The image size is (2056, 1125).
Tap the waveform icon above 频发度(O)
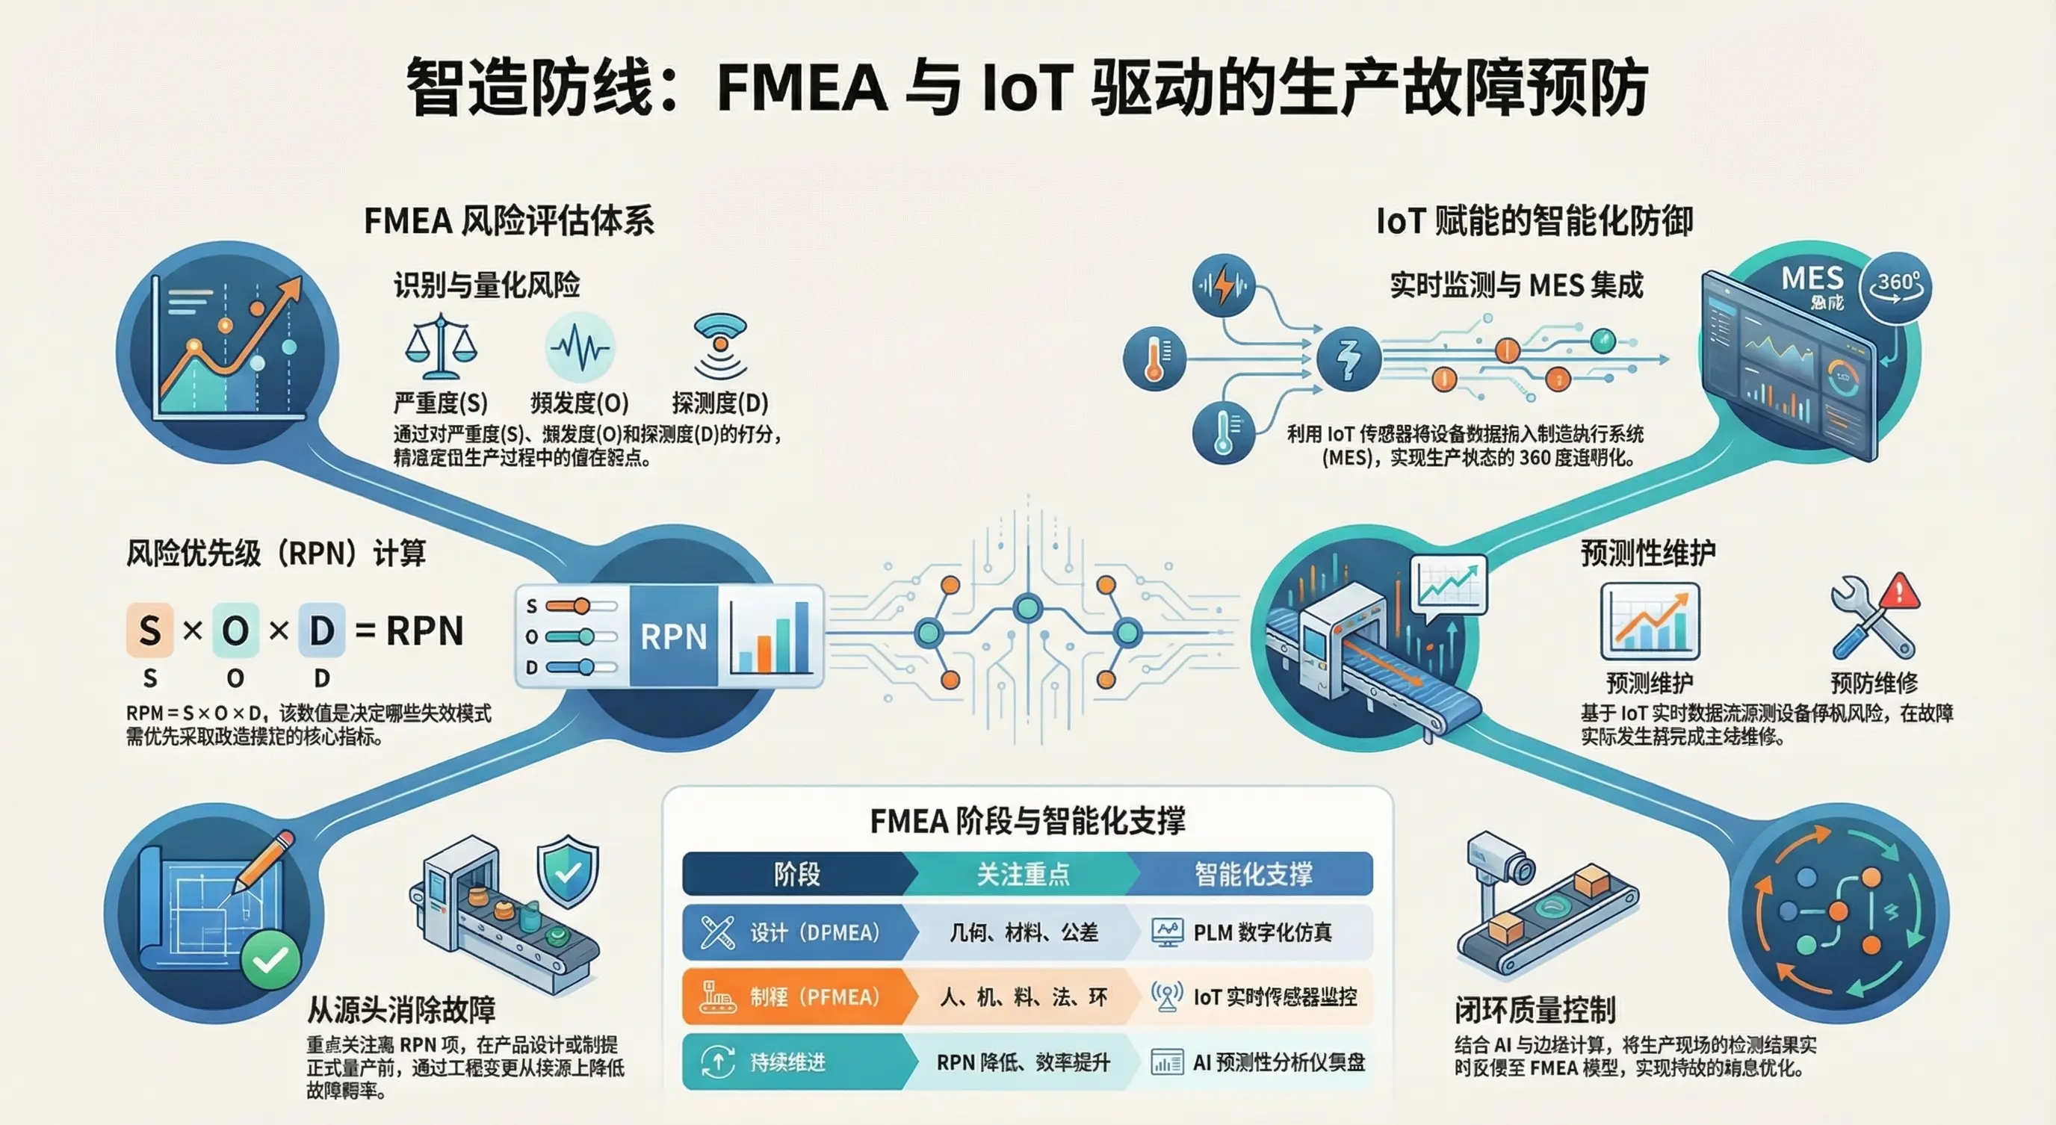coord(580,348)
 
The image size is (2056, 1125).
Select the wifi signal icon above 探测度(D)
coord(720,344)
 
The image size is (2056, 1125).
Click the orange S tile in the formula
coord(149,630)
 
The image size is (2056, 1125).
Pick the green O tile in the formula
coord(235,630)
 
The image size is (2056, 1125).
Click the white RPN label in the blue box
coord(673,636)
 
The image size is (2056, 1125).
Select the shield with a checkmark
coord(568,871)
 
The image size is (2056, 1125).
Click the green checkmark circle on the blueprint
coord(270,959)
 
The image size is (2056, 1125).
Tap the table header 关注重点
coord(1024,875)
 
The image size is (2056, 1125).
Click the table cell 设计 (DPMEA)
coord(798,932)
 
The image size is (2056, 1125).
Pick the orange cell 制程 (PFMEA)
coord(798,997)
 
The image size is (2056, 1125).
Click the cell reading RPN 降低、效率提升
coord(1024,1062)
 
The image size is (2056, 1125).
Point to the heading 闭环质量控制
coord(1535,1010)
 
